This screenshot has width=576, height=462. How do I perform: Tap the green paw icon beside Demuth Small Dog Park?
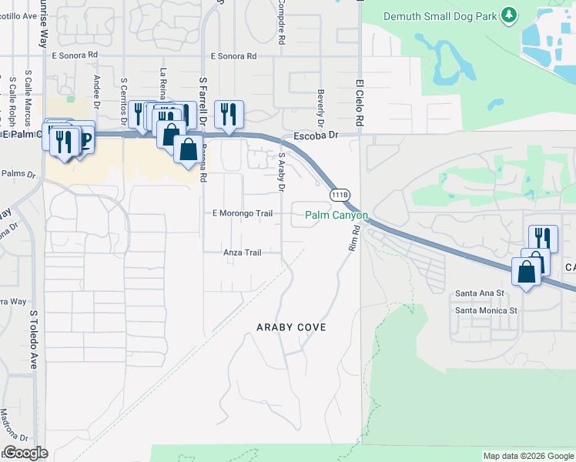coord(507,15)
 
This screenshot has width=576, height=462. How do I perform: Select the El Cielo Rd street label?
coord(359,102)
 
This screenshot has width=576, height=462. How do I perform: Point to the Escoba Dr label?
coord(316,135)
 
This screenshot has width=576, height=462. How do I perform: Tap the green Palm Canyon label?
coord(337,215)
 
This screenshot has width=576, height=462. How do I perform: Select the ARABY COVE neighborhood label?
coord(291,327)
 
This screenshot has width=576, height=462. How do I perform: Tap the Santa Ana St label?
coord(479,293)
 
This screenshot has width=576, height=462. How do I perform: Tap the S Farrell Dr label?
coord(203,100)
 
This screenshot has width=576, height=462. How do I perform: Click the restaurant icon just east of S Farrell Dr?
coord(229,115)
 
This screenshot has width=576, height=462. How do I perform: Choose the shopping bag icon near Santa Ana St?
coord(527,273)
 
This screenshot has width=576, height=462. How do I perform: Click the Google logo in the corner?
coord(25,453)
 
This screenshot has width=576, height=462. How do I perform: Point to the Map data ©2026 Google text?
coord(527,456)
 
